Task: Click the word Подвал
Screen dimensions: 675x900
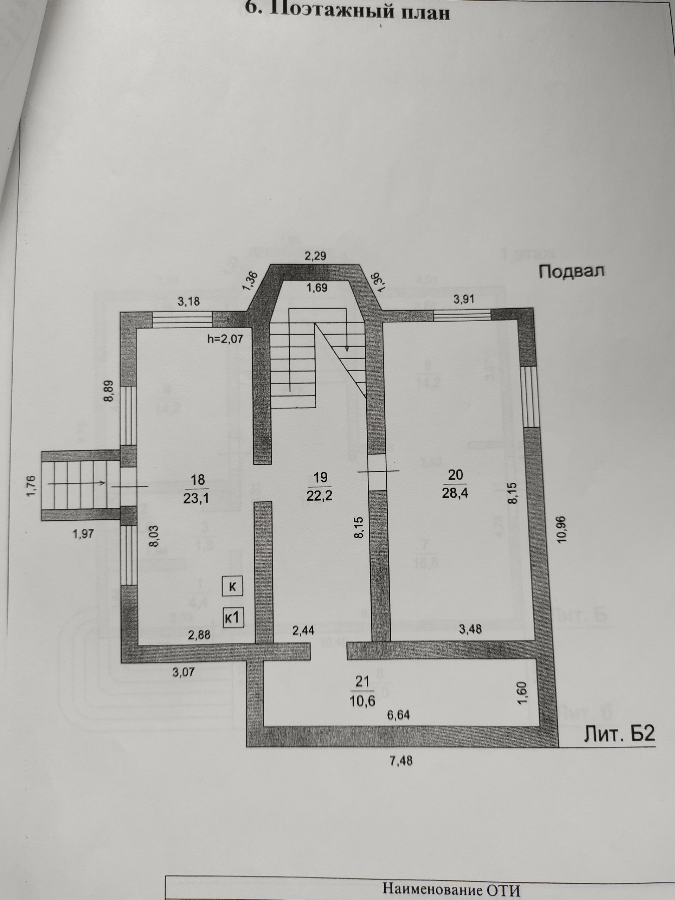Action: pyautogui.click(x=571, y=272)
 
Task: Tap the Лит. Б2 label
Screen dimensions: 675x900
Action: pyautogui.click(x=619, y=734)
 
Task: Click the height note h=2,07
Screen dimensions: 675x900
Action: pyautogui.click(x=225, y=338)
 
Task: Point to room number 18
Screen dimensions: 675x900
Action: pyautogui.click(x=197, y=479)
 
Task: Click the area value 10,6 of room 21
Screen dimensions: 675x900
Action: pyautogui.click(x=362, y=702)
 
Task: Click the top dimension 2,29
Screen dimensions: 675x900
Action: pyautogui.click(x=316, y=256)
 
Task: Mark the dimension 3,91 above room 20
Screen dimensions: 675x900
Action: pyautogui.click(x=464, y=300)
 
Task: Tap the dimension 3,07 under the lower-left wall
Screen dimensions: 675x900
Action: pyautogui.click(x=184, y=672)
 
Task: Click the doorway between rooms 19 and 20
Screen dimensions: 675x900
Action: pyautogui.click(x=377, y=472)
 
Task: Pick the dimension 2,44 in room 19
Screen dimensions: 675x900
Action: pyautogui.click(x=303, y=631)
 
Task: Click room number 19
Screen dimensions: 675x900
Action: pyautogui.click(x=320, y=477)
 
